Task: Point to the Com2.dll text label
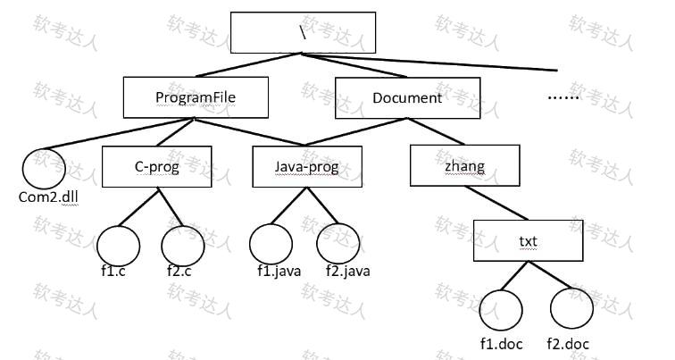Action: [x=48, y=197]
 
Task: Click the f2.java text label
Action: [x=348, y=272]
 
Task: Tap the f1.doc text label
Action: [x=502, y=344]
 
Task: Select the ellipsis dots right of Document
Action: [x=563, y=98]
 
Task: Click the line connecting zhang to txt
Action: [x=496, y=204]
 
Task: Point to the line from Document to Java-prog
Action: [x=356, y=132]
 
